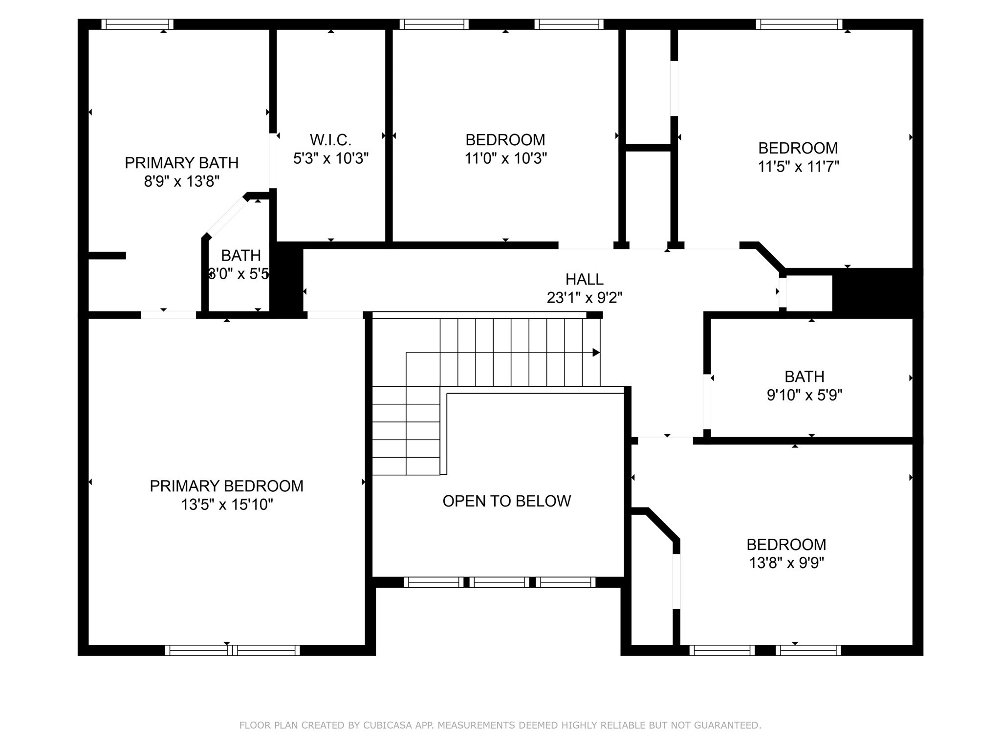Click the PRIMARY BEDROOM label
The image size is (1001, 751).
pyautogui.click(x=226, y=486)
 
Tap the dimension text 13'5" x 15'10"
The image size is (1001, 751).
pyautogui.click(x=227, y=505)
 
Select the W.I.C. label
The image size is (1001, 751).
pyautogui.click(x=330, y=140)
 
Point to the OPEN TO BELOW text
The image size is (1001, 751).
pyautogui.click(x=506, y=501)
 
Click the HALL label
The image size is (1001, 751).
pyautogui.click(x=584, y=279)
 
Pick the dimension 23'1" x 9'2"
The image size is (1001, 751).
pyautogui.click(x=584, y=297)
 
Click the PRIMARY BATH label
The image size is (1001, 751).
pyautogui.click(x=181, y=163)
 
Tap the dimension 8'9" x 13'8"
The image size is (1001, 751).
pyautogui.click(x=181, y=181)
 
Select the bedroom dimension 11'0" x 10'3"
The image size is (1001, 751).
pyautogui.click(x=505, y=158)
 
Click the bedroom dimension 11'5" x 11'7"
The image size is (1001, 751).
pyautogui.click(x=798, y=167)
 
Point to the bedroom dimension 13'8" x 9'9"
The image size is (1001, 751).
pyautogui.click(x=786, y=563)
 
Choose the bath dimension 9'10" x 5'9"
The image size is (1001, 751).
pyautogui.click(x=804, y=395)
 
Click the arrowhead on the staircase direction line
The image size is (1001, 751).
pyautogui.click(x=596, y=353)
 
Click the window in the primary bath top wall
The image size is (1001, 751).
pyautogui.click(x=137, y=24)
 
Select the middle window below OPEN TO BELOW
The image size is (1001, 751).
pyautogui.click(x=500, y=582)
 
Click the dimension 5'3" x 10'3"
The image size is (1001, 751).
pyautogui.click(x=330, y=158)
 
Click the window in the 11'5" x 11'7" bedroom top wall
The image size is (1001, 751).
pyautogui.click(x=799, y=24)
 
